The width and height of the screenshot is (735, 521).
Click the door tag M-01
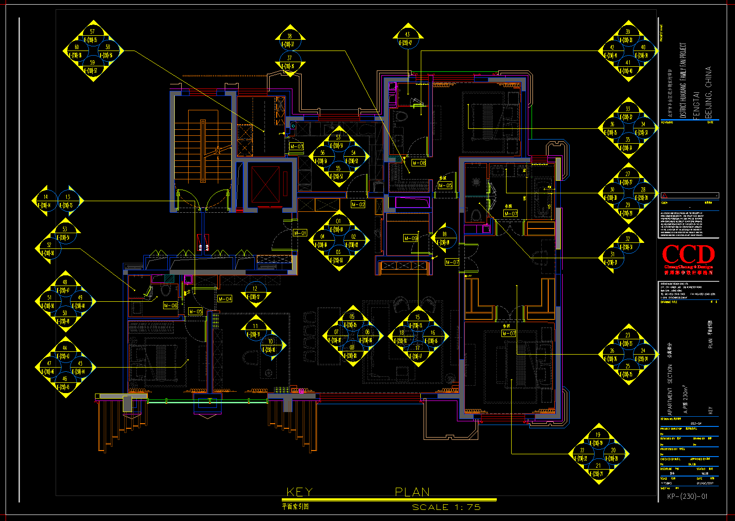click(300, 233)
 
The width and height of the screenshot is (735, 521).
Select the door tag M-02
click(358, 204)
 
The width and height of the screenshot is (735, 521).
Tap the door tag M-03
click(297, 146)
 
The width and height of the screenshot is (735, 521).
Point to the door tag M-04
click(225, 299)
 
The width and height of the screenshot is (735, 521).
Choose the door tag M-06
click(171, 305)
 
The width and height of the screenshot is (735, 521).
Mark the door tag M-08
click(419, 163)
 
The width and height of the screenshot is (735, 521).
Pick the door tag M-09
click(411, 238)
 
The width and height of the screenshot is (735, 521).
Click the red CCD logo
click(688, 254)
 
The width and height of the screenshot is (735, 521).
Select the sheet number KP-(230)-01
click(687, 496)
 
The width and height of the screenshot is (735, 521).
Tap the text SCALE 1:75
click(446, 507)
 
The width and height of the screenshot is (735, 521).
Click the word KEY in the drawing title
click(299, 492)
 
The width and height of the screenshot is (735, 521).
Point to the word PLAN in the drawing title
click(412, 492)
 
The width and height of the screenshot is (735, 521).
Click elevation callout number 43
click(407, 34)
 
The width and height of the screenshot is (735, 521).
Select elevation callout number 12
click(255, 288)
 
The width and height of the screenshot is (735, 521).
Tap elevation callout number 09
click(444, 234)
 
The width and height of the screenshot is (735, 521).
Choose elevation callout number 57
click(92, 32)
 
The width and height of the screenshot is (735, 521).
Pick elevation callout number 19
click(598, 435)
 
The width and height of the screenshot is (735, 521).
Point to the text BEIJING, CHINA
click(708, 93)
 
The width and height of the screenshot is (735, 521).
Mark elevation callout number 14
click(45, 197)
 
